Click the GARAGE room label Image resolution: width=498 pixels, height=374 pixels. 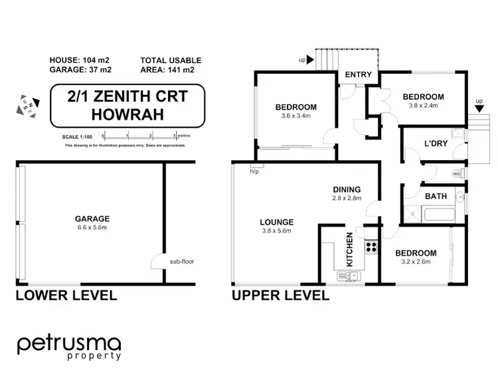pyautogui.click(x=92, y=218)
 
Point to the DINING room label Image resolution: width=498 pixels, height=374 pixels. pyautogui.click(x=347, y=189)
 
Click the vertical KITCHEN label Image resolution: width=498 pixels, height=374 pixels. pyautogui.click(x=350, y=249)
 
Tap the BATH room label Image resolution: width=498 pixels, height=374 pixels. pyautogui.click(x=435, y=196)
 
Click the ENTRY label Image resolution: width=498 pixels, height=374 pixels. pyautogui.click(x=359, y=74)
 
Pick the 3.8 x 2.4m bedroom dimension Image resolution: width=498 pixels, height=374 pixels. pyautogui.click(x=424, y=106)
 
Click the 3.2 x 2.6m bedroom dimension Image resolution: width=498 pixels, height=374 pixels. pyautogui.click(x=416, y=262)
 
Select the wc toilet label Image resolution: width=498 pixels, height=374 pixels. pyautogui.click(x=456, y=174)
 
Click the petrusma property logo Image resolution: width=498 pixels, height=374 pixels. pyautogui.click(x=69, y=347)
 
